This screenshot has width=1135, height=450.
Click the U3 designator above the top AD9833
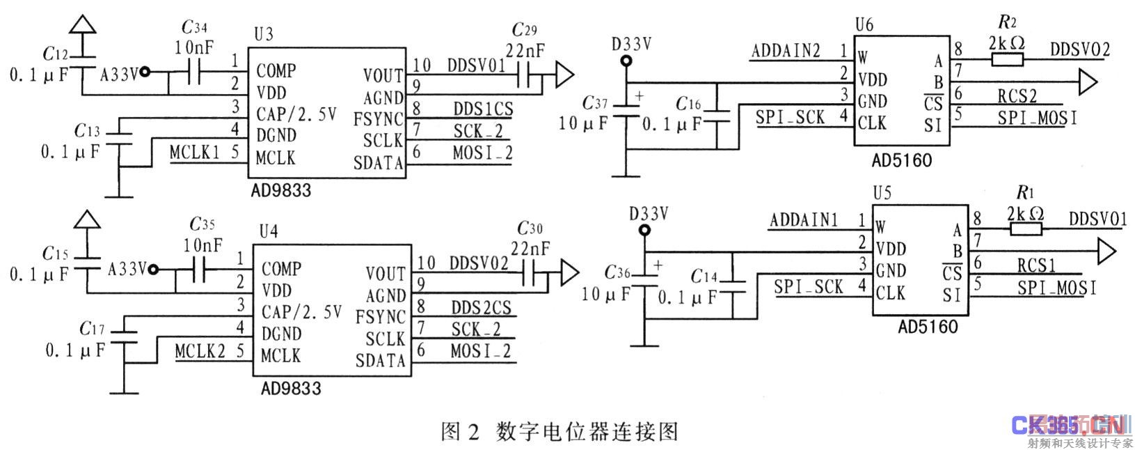tap(264, 34)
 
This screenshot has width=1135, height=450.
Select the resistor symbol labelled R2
tap(1006, 59)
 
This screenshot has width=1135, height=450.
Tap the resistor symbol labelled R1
tap(1026, 230)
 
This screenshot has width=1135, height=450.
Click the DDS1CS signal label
tap(483, 109)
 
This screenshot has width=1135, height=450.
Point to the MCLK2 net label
tap(200, 351)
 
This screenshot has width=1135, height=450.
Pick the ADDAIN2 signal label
tap(786, 51)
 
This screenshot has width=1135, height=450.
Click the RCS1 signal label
tap(1036, 265)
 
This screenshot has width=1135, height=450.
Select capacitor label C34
tap(194, 28)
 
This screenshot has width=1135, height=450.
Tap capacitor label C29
tap(524, 30)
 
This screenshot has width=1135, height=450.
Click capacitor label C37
tap(595, 104)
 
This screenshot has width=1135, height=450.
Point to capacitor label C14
tap(704, 277)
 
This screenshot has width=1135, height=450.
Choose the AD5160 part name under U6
tap(901, 160)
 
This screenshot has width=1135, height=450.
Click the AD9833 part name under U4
tap(291, 388)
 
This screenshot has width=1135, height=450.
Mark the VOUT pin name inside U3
tap(383, 75)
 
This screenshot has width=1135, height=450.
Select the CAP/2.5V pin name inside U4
tap(301, 313)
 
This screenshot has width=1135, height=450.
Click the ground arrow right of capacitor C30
tap(569, 273)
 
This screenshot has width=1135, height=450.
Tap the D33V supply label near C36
tap(648, 214)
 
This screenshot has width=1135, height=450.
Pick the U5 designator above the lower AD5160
tap(882, 193)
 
